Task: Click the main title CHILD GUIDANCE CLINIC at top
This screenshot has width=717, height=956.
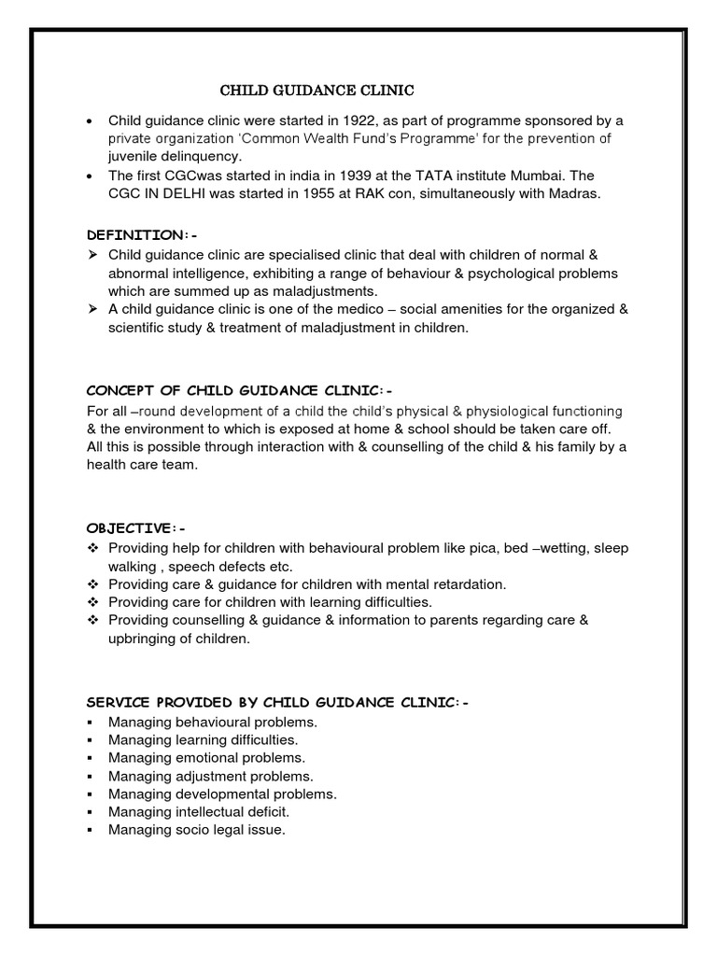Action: (316, 91)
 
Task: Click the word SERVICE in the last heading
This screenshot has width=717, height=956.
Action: (117, 702)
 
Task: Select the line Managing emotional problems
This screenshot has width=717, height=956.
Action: (206, 758)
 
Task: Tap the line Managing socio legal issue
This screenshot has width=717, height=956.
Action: (196, 830)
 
